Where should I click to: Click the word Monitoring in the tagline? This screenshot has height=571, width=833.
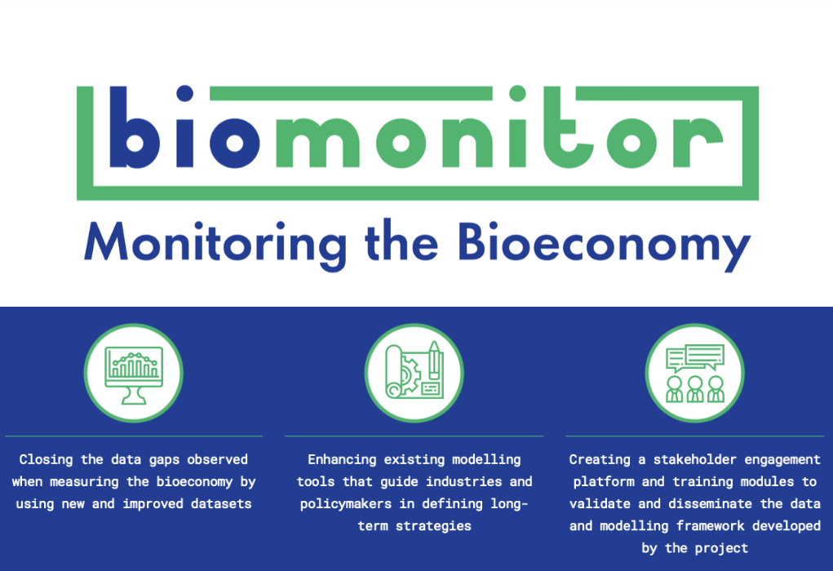coord(215,244)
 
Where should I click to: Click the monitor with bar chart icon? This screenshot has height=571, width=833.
coord(133,373)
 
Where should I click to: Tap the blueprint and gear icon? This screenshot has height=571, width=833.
coord(414,373)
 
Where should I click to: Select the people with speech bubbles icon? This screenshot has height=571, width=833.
coord(694,373)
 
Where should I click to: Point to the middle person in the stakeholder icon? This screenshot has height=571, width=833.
coord(694,388)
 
